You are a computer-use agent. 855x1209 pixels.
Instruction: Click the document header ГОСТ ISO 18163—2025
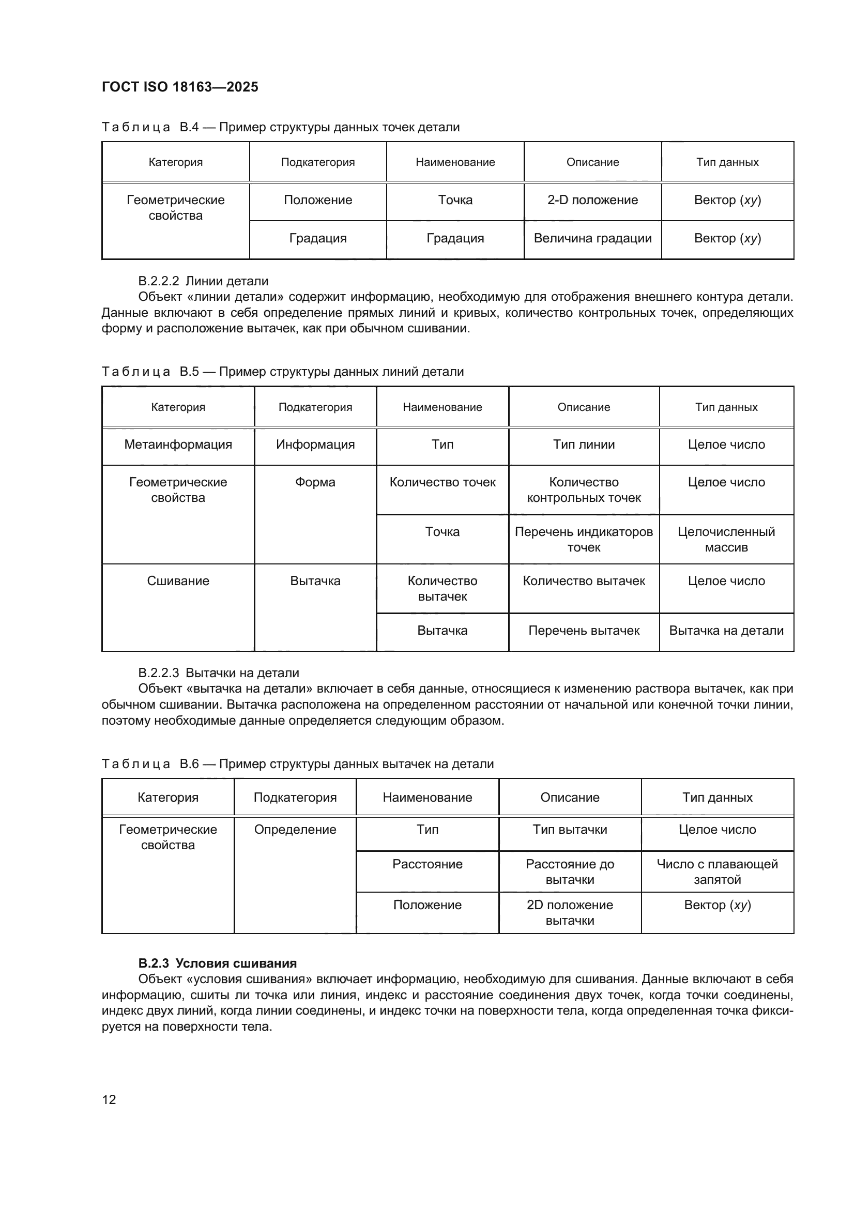[x=179, y=87]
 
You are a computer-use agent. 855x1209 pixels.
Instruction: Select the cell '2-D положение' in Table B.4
[x=592, y=200]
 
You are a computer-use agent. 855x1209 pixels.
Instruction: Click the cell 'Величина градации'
[x=592, y=238]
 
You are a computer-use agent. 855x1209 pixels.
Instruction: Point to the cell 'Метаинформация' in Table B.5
[x=178, y=445]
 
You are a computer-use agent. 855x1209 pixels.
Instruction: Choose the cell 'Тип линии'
[x=583, y=445]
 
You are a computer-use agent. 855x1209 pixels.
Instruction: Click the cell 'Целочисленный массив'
[x=726, y=539]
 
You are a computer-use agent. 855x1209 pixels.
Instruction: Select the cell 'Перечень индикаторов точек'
[x=583, y=539]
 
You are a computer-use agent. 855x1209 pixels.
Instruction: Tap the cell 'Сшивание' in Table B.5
[x=178, y=581]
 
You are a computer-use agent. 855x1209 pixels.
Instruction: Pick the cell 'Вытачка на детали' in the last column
[x=726, y=630]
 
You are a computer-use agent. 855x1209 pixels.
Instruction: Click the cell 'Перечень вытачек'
[x=583, y=630]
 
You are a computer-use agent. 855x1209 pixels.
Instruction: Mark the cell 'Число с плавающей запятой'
[x=717, y=871]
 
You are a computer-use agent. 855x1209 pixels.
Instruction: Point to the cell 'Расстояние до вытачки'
[x=570, y=871]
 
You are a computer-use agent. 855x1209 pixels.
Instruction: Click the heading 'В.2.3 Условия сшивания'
[x=218, y=963]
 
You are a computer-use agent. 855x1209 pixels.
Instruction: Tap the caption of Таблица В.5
[x=282, y=372]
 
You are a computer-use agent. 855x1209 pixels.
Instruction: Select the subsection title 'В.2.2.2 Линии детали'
[x=203, y=281]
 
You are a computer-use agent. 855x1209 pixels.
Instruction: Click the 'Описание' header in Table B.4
[x=592, y=162]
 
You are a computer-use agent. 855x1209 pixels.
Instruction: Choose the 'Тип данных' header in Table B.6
[x=717, y=797]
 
